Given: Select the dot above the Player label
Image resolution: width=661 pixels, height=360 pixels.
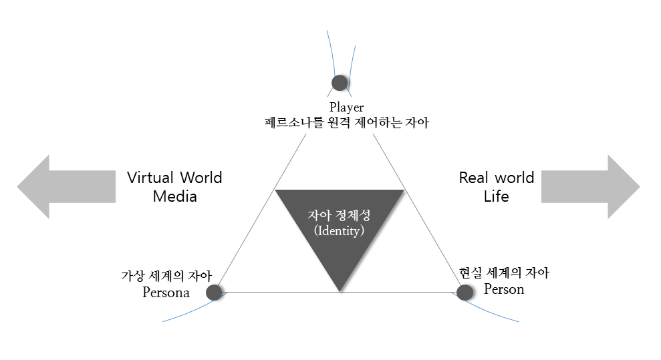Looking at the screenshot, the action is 340,83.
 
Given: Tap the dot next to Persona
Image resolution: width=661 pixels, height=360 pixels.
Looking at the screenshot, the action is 214,292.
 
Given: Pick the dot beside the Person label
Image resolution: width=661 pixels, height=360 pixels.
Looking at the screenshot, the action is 465,292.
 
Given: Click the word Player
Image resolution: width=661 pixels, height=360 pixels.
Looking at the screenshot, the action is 346,107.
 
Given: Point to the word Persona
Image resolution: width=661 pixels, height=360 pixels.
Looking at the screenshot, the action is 166,293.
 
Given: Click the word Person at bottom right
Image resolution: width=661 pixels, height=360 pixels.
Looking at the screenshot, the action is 504,289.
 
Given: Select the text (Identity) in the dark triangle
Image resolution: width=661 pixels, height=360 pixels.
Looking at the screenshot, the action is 339,231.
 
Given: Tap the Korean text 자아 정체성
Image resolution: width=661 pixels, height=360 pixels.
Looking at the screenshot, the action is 339,216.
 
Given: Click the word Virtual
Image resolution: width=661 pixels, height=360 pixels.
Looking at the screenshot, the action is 151,178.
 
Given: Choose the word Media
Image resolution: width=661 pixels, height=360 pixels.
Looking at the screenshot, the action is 174,196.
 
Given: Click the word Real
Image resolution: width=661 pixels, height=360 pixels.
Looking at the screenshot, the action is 474,178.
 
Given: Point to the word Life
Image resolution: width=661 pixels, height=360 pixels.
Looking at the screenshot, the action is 496,196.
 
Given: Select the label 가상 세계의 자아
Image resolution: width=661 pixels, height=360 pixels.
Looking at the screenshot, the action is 166,276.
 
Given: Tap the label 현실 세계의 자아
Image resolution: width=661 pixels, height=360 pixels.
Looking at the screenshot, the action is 504,273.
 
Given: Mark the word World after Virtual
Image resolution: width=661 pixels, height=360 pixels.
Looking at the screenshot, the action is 200,178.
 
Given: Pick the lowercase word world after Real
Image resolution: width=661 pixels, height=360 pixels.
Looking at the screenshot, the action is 515,178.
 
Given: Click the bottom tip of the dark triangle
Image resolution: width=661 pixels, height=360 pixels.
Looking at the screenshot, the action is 340,290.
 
